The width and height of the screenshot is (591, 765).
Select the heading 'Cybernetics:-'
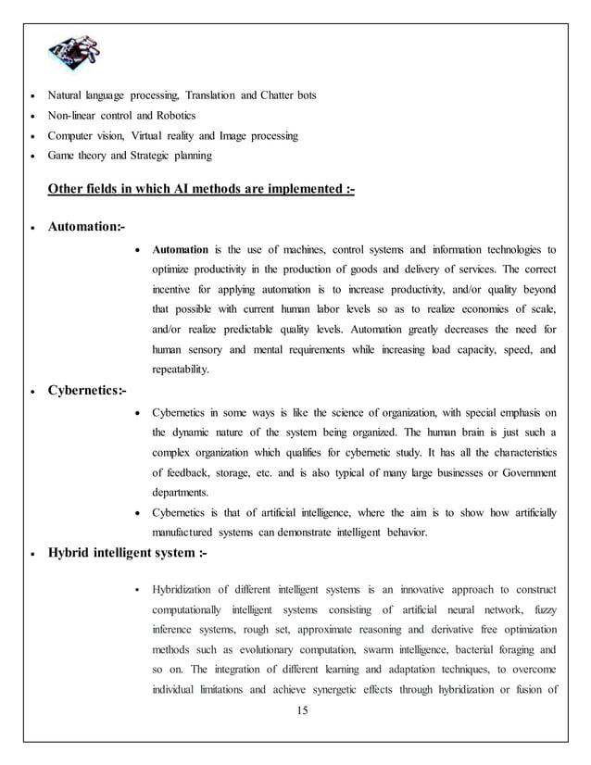(x=89, y=390)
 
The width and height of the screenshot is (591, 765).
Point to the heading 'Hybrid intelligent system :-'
(x=128, y=554)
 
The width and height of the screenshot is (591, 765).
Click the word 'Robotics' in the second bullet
(x=176, y=116)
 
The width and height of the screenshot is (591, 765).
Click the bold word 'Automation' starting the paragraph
(x=181, y=249)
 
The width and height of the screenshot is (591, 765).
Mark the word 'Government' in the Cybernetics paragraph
(x=524, y=473)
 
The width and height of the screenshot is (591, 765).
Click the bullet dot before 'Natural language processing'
(x=34, y=97)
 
